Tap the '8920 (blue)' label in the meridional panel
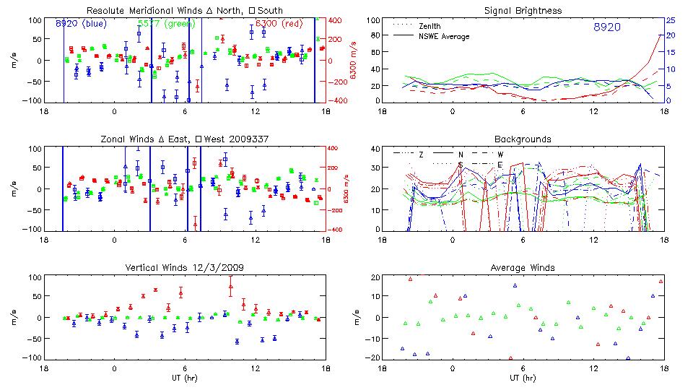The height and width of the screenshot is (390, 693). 80,24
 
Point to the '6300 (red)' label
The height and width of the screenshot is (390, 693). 282,24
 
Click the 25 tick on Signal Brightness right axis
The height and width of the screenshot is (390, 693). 670,20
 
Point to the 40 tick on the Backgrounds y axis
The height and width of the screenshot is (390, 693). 374,149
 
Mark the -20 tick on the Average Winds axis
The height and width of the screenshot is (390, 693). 372,358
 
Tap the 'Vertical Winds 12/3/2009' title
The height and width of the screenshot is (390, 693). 185,268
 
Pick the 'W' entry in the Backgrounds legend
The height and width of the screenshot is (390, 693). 500,154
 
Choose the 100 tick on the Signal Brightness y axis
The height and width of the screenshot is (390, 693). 372,20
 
